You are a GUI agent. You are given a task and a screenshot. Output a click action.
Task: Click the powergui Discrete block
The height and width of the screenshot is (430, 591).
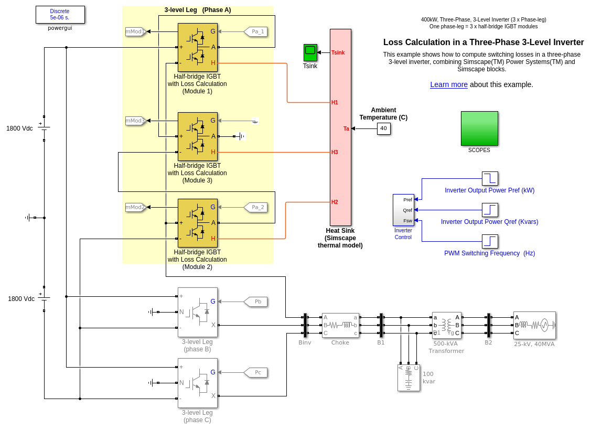[x=60, y=15]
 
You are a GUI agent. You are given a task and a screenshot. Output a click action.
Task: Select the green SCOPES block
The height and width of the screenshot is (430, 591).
[x=479, y=128]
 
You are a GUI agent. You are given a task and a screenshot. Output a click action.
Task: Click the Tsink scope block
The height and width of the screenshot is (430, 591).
[x=310, y=52]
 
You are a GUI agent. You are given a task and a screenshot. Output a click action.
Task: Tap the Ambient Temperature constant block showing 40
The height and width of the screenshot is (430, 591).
[x=383, y=128]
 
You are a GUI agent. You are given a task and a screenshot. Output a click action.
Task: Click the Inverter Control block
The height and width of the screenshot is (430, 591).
[x=403, y=210]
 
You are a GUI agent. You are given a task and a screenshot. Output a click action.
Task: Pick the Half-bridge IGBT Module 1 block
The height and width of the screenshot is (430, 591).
[x=197, y=47]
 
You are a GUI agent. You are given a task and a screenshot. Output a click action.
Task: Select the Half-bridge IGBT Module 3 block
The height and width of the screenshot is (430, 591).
[x=197, y=136]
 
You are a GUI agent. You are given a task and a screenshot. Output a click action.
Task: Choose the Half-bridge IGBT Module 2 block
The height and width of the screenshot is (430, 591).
[x=197, y=223]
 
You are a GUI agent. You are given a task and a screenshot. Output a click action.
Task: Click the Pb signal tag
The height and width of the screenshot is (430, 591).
[x=256, y=302]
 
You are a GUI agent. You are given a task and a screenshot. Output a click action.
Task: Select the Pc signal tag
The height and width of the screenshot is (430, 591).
[x=256, y=372]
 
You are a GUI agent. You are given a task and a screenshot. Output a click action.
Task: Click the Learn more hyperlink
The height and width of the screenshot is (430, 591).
[x=448, y=84]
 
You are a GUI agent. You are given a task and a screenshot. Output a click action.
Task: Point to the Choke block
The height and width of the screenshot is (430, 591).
[x=340, y=325]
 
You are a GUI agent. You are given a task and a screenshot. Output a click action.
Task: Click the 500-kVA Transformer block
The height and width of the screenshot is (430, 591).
[x=446, y=325]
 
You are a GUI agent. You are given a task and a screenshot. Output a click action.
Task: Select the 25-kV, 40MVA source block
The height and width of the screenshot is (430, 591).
[x=534, y=325]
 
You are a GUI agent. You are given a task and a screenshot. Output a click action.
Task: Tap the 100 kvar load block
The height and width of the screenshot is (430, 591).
[x=409, y=378]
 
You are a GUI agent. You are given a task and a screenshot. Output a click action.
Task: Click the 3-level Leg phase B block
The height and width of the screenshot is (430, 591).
[x=197, y=311]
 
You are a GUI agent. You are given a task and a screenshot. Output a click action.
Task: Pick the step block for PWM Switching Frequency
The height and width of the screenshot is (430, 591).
[x=490, y=241]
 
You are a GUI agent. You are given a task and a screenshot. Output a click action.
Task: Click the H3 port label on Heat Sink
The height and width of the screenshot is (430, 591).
[x=335, y=152]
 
